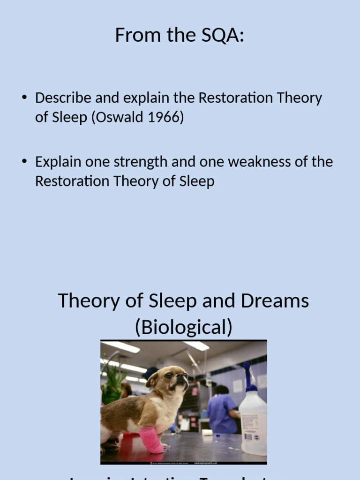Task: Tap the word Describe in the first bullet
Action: pyautogui.click(x=64, y=98)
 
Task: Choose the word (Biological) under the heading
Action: pyautogui.click(x=183, y=328)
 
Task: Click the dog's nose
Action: pyautogui.click(x=186, y=375)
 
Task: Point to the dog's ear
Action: pyautogui.click(x=152, y=379)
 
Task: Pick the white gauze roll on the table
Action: pyautogui.click(x=207, y=433)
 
